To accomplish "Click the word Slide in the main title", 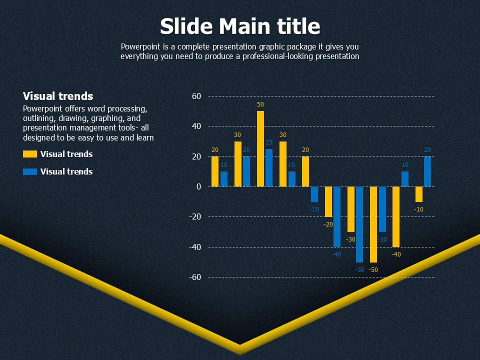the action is [x=186, y=26].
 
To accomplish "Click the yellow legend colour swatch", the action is [x=30, y=154].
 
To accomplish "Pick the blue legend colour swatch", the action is [x=30, y=171].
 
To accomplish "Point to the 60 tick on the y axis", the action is [x=196, y=96].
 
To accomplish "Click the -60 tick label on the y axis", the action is [x=195, y=277].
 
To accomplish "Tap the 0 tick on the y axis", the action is [x=199, y=186].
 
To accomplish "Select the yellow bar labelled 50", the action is [x=260, y=149].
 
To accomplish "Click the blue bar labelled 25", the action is [x=269, y=168].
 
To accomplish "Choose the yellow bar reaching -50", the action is [x=373, y=224].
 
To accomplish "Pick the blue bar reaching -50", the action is [x=359, y=224].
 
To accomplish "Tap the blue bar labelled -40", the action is [x=337, y=216].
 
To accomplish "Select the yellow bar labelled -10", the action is [x=419, y=194].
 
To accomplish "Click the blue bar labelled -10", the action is [x=314, y=194].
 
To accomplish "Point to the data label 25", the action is [x=269, y=142].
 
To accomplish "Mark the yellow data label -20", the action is [x=328, y=224].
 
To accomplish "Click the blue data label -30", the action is [x=382, y=239].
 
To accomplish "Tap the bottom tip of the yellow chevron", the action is [x=240, y=354].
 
